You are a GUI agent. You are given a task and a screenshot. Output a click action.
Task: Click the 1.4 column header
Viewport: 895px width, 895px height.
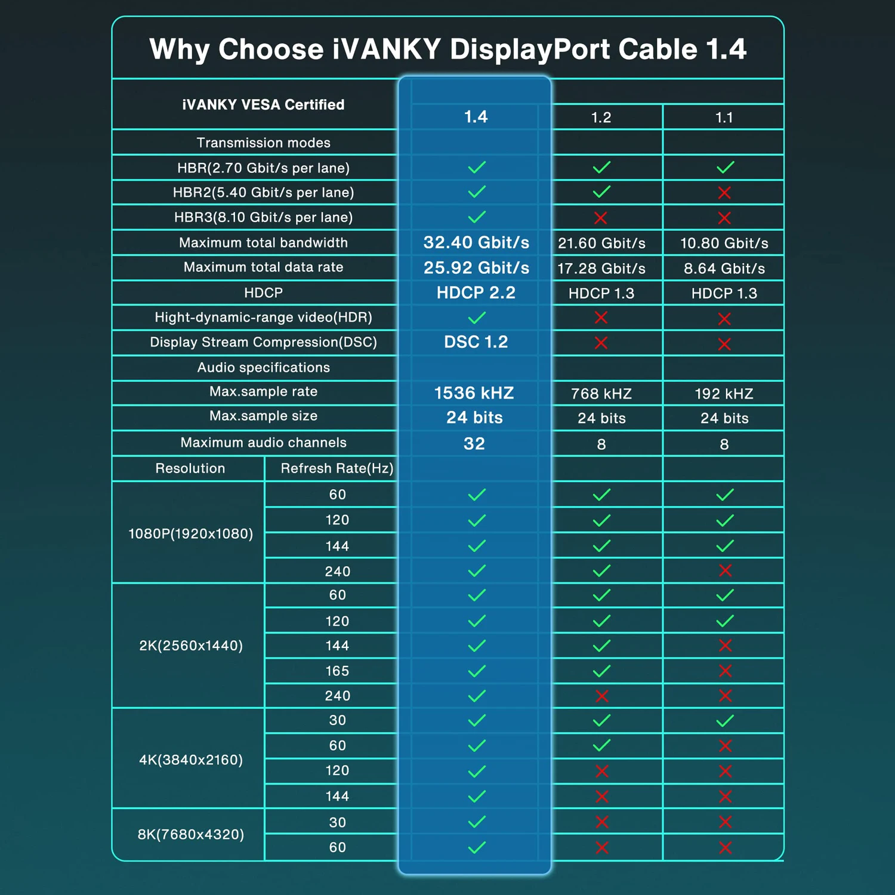coord(476,116)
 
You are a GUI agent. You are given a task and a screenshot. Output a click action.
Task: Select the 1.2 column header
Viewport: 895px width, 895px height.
coord(601,118)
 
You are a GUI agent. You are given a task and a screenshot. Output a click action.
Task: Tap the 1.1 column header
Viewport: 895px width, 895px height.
coord(724,118)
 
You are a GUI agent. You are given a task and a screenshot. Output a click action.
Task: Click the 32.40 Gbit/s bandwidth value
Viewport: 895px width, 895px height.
coord(476,242)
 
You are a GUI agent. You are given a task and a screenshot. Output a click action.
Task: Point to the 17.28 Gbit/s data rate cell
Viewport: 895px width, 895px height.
coord(601,268)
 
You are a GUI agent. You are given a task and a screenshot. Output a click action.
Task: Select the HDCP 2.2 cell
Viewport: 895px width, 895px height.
coord(476,292)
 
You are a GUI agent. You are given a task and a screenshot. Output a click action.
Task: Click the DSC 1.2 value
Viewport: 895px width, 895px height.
coord(476,342)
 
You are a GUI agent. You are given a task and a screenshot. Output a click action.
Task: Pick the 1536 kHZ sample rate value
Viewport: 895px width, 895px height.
coord(474,393)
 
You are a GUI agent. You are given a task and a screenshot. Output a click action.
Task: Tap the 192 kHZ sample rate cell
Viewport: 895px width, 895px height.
coord(724,394)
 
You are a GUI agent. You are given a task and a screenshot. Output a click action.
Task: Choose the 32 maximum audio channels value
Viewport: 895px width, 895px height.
coord(474,444)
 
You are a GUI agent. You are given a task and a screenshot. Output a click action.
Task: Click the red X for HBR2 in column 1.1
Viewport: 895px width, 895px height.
coord(724,193)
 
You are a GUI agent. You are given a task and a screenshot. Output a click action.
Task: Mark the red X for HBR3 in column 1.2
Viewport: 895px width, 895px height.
coord(601,218)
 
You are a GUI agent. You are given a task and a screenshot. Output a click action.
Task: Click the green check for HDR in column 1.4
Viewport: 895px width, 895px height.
coord(477,317)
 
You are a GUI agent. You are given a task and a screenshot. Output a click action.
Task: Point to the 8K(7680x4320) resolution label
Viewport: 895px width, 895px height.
coord(190,834)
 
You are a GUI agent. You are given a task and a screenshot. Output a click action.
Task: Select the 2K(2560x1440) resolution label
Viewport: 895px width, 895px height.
coord(190,646)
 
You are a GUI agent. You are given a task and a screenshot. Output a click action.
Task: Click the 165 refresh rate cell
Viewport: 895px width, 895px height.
coord(337,671)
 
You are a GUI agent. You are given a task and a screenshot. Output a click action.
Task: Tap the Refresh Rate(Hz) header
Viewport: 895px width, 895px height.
coord(337,468)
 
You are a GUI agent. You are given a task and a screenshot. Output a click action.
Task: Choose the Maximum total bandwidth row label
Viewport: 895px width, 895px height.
coord(263,242)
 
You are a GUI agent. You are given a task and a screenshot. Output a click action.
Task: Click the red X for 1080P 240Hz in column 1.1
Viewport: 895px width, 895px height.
coord(725,571)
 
